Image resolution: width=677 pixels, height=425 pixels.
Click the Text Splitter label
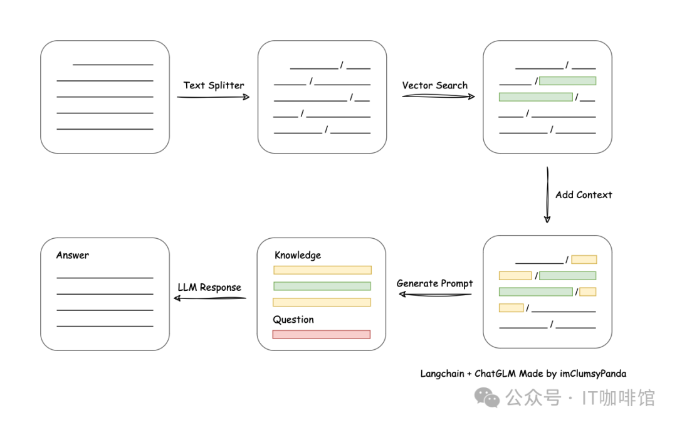click(x=214, y=85)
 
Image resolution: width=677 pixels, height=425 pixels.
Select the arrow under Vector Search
click(x=438, y=97)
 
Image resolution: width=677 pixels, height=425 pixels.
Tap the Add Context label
click(x=584, y=195)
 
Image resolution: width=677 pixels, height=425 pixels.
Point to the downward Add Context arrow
click(x=547, y=195)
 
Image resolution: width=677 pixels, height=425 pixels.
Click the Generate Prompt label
click(x=435, y=283)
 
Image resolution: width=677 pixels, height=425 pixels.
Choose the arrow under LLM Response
click(x=210, y=298)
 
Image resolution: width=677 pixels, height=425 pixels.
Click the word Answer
click(x=73, y=255)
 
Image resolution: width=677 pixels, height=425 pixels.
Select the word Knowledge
click(x=298, y=255)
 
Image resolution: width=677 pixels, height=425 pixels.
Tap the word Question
click(x=293, y=320)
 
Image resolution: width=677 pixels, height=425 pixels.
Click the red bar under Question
click(x=322, y=334)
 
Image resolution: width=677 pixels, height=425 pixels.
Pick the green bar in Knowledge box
click(x=322, y=286)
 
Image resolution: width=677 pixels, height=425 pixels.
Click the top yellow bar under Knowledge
click(x=323, y=270)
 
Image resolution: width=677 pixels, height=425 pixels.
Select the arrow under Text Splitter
click(x=213, y=97)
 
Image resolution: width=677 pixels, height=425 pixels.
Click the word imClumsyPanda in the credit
click(x=593, y=374)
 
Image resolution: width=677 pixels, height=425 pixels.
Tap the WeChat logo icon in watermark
click(x=487, y=397)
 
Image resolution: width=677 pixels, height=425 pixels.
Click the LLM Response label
click(x=209, y=287)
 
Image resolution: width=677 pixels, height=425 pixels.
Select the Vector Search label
click(x=435, y=85)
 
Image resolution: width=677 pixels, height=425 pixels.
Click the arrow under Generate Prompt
click(x=435, y=295)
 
